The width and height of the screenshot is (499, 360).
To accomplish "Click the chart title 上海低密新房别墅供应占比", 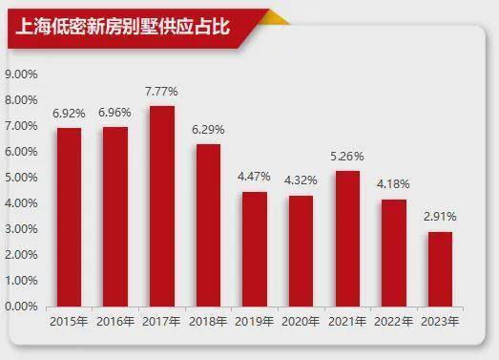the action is click(x=122, y=27).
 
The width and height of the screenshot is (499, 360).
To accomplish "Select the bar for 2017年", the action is click(x=162, y=206).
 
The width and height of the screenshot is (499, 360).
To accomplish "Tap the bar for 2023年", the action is click(x=440, y=269).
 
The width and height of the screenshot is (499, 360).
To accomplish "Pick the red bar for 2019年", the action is click(x=255, y=249).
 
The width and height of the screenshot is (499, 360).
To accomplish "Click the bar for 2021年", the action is click(x=347, y=239).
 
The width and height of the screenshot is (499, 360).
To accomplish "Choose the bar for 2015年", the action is click(x=69, y=218).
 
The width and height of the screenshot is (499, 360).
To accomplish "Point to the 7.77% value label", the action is click(x=161, y=92).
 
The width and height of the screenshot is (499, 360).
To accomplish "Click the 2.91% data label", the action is click(x=440, y=217).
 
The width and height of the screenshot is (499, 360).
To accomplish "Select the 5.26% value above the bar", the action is click(x=347, y=157).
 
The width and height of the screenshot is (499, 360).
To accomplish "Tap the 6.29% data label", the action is click(x=208, y=130).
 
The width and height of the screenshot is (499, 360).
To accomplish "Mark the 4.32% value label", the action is click(x=301, y=180).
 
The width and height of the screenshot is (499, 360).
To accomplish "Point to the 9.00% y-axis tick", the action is click(x=21, y=74).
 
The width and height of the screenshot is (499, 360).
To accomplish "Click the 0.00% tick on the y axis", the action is click(x=21, y=307).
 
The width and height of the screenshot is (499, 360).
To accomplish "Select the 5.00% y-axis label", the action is click(x=21, y=178).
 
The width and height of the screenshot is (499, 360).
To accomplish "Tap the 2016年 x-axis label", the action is click(x=115, y=322).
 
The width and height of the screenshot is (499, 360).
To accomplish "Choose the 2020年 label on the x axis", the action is click(x=301, y=322).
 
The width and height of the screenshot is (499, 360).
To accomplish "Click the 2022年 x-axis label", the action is click(x=393, y=322).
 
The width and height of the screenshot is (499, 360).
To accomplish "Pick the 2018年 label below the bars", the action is click(x=208, y=322).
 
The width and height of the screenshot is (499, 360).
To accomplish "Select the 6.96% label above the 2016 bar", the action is click(x=114, y=113).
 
